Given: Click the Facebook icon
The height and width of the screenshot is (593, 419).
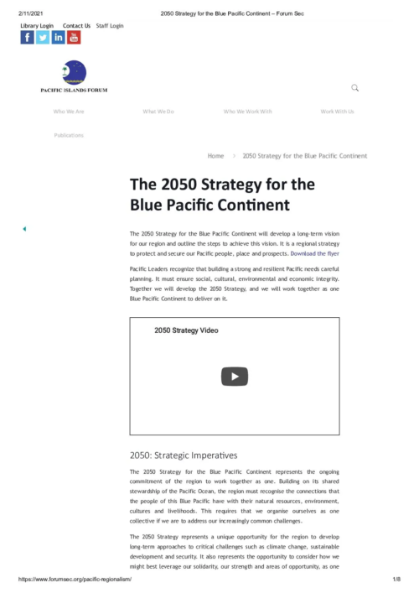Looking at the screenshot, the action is tap(28, 37).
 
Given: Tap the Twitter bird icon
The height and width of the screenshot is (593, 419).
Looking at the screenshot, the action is tap(43, 37).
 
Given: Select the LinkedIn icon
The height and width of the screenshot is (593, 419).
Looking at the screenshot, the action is tap(59, 37).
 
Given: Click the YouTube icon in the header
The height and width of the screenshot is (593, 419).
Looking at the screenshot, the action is tap(74, 37).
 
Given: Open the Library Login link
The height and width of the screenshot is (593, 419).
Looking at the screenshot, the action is tap(37, 26).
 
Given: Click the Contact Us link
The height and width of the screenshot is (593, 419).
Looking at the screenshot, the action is tap(76, 26).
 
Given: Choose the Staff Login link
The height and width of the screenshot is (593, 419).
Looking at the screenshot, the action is tap(110, 26).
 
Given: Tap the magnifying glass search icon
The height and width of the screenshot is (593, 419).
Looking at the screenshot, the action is tap(355, 88).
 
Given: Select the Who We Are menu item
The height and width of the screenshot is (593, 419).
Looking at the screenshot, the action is tap(69, 112).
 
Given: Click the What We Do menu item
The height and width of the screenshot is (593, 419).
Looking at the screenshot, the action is tap(158, 112).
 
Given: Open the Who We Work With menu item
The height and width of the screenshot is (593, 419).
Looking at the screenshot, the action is tap(248, 112).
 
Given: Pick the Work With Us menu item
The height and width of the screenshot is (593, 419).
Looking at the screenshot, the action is tap(337, 112).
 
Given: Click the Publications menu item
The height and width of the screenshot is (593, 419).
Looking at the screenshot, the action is tap(69, 135).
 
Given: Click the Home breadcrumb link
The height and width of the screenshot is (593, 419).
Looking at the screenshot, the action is tap(215, 156).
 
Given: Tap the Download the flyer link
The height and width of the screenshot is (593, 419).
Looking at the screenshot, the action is tap(314, 252).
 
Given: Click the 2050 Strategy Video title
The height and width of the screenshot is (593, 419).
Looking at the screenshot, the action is tap(186, 330).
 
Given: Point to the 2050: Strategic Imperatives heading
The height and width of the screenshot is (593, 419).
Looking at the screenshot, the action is tap(184, 455).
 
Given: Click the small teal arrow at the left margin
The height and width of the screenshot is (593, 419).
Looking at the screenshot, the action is tap(23, 229).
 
